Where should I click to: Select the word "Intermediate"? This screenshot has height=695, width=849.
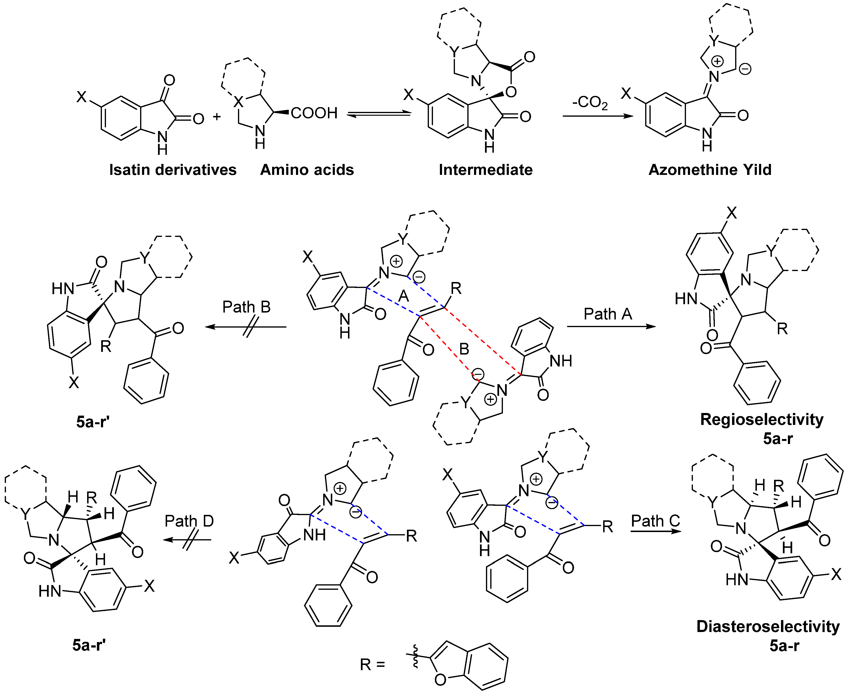[x=485, y=170]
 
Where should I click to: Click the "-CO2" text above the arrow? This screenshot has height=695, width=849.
[x=590, y=103]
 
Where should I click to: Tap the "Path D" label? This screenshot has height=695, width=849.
[x=189, y=521]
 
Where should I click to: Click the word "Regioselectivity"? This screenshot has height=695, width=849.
[x=762, y=420]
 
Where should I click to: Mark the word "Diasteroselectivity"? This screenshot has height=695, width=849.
[x=768, y=627]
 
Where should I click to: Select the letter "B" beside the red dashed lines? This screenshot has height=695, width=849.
[x=464, y=349]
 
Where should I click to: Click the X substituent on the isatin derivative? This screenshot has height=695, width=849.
[x=82, y=96]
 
